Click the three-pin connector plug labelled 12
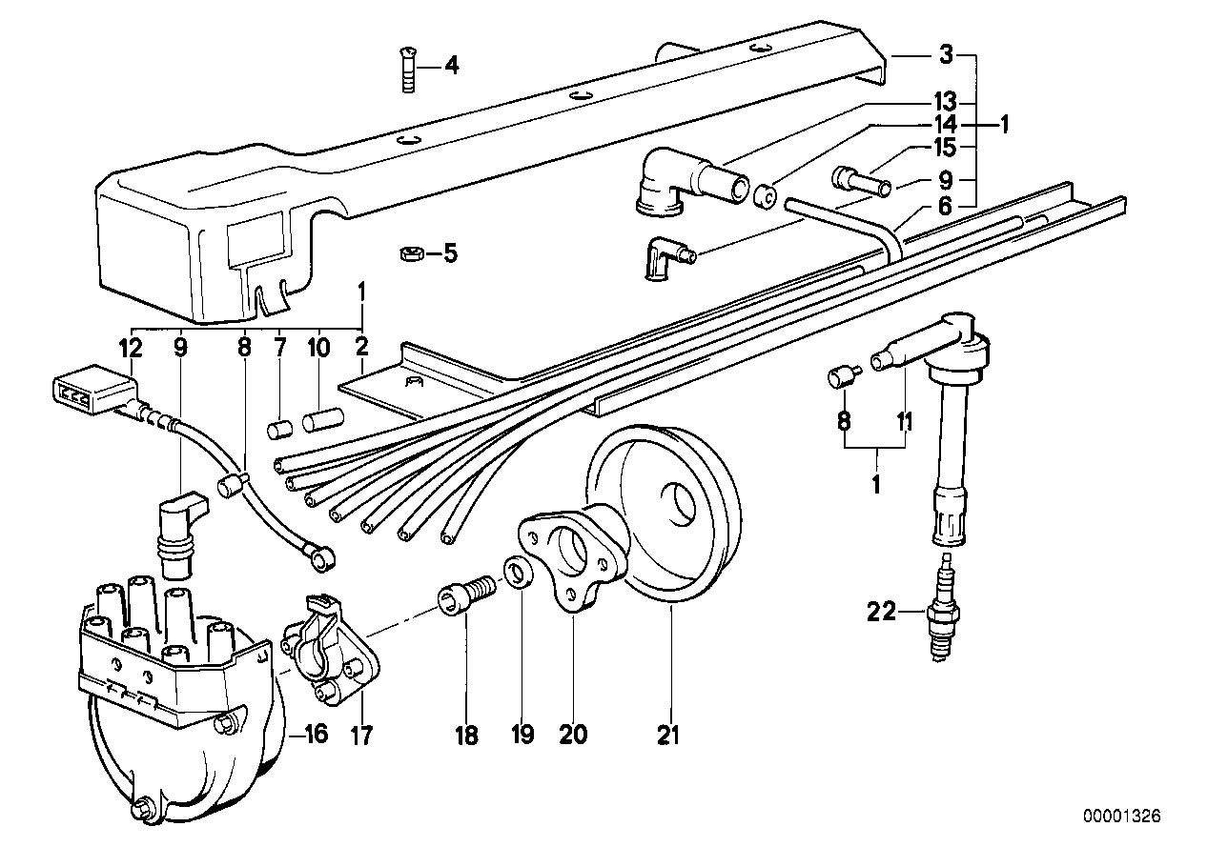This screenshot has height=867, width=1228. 92,395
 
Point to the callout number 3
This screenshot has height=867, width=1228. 945,56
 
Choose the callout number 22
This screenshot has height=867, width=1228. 883,613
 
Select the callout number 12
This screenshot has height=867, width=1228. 131,349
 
